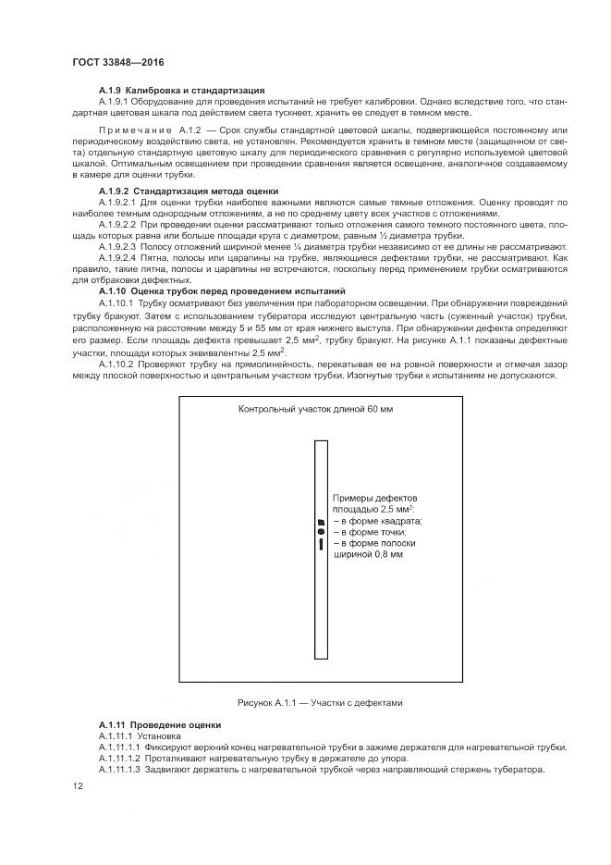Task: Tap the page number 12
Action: click(x=77, y=786)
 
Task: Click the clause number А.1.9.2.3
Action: click(x=116, y=247)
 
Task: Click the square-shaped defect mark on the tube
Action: click(x=321, y=522)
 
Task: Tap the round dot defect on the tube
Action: click(x=321, y=532)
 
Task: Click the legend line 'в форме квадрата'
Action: click(x=378, y=521)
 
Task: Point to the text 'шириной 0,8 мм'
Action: click(x=374, y=555)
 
